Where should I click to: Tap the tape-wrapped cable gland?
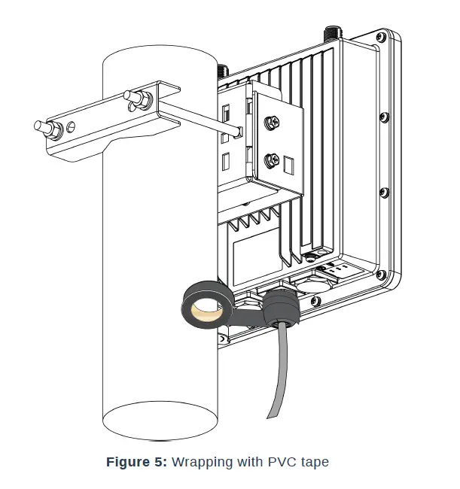pos(279,309)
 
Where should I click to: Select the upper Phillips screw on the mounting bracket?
pos(269,120)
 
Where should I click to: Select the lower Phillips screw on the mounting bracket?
pos(269,159)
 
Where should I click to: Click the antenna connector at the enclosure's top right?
pos(331,33)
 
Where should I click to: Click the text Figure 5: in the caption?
pos(137,462)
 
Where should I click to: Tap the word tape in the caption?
pos(315,462)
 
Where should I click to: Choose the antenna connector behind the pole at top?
pos(223,71)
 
